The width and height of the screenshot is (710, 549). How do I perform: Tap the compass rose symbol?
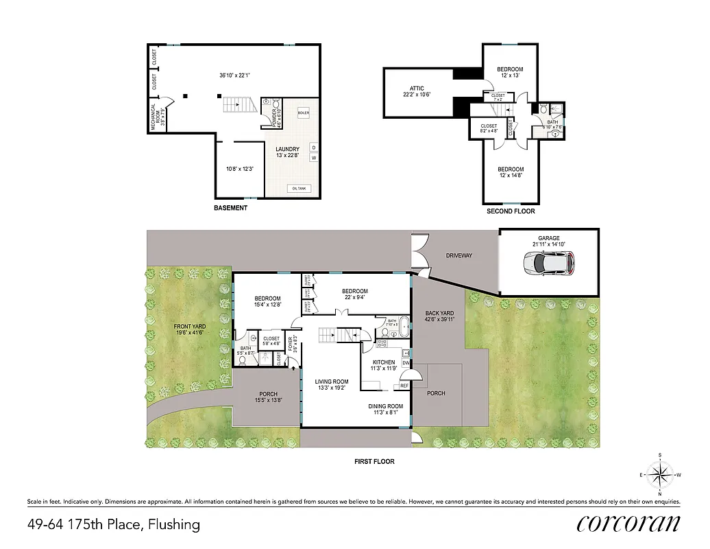660,474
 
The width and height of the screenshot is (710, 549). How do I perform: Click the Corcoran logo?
628,524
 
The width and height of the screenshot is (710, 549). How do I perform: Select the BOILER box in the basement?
304,113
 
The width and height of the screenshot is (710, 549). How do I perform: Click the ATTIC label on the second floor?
417,89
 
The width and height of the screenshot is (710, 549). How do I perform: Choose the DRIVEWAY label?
459,255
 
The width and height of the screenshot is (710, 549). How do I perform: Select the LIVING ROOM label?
332,382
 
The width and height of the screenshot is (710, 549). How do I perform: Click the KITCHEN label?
384,362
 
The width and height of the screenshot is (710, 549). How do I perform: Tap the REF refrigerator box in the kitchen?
404,386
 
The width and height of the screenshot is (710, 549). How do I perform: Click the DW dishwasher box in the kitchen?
406,363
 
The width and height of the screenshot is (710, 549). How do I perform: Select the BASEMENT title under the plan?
230,208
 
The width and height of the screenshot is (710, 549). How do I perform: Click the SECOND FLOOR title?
511,211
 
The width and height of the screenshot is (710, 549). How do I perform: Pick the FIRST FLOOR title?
374,461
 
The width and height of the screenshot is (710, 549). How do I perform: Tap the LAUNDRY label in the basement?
287,150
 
